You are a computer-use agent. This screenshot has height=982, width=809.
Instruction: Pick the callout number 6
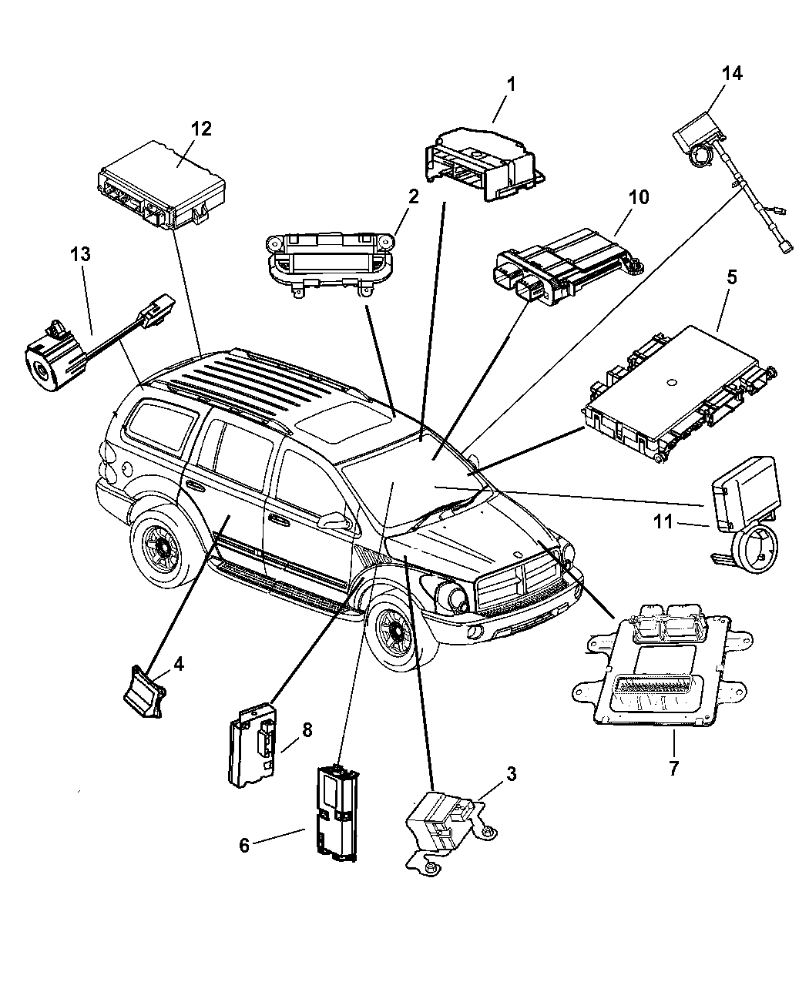[x=244, y=845]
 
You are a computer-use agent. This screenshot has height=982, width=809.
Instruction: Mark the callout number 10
[x=638, y=197]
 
